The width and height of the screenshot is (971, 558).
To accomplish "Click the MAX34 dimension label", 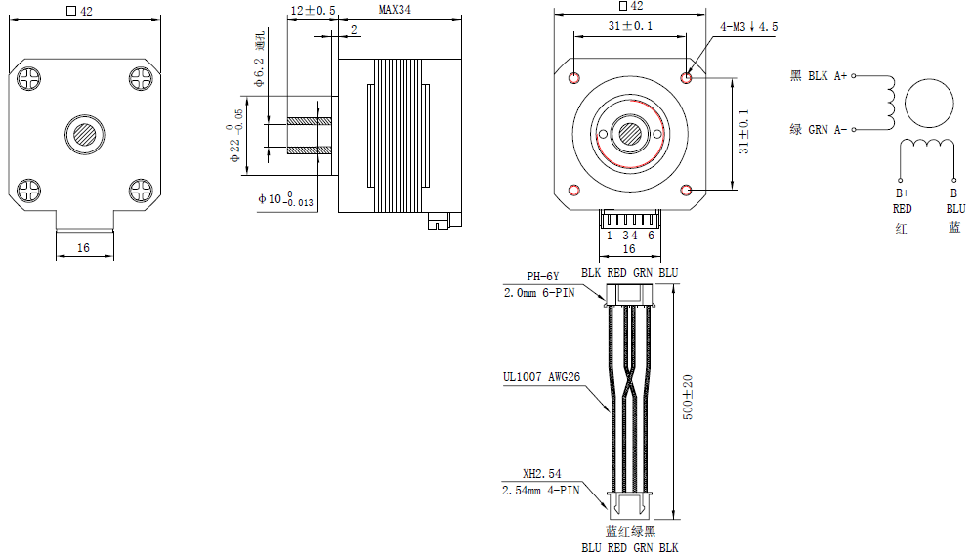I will click(396, 10).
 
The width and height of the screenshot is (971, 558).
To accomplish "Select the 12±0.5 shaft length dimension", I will click(313, 10).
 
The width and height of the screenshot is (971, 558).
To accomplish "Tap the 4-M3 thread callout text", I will click(748, 27).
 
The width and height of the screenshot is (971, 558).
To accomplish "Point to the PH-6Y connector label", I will click(543, 276).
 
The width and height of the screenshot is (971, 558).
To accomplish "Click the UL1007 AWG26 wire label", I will click(540, 376).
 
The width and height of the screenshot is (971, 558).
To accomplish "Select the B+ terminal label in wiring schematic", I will click(902, 193).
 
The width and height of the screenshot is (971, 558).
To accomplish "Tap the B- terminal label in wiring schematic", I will click(955, 193).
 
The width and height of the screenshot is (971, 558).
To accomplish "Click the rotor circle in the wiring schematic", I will click(929, 105).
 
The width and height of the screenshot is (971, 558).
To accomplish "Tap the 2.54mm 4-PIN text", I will click(541, 490).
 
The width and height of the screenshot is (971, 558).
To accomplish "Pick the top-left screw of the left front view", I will click(29, 76).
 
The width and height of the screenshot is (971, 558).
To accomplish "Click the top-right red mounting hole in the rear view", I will click(688, 76).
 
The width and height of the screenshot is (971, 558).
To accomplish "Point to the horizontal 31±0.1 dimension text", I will click(630, 27).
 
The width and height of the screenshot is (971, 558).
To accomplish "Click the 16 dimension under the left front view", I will click(83, 248).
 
